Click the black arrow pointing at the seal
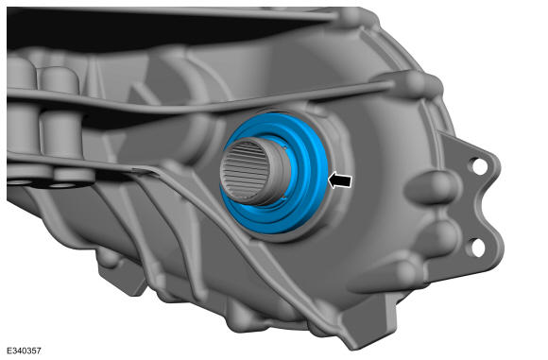tap(340, 180)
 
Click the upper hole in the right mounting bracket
tap(479, 166)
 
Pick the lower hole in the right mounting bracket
tap(476, 248)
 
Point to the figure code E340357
tap(24, 351)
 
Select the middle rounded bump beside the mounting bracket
tap(437, 232)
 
